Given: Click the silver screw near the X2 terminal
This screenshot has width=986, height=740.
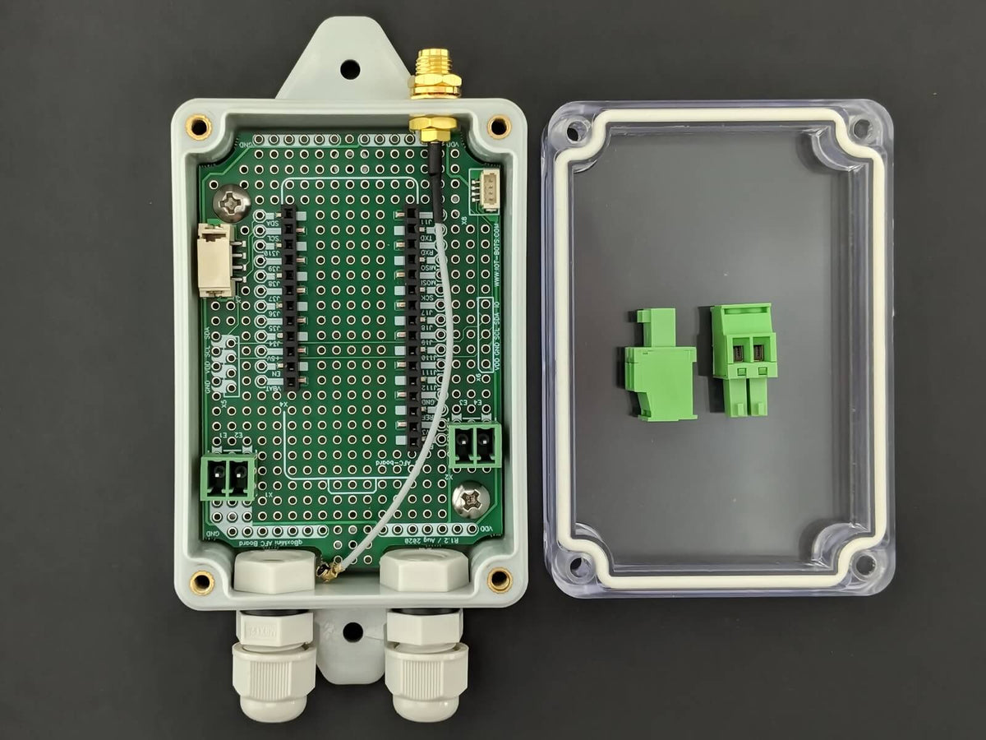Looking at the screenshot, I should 471,499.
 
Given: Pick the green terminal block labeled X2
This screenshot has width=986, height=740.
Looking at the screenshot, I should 476,445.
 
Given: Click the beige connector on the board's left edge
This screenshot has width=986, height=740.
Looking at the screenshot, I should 215,261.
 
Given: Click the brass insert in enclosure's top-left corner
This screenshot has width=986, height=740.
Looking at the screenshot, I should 198,127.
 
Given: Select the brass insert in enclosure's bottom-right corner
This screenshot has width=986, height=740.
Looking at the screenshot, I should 499,580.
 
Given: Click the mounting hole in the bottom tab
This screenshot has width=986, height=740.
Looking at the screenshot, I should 352,631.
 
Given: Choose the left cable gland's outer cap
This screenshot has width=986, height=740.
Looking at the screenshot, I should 273,682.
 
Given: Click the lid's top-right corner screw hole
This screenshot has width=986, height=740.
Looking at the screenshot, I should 860,128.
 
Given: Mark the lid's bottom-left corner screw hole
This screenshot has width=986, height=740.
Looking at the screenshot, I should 578,566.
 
